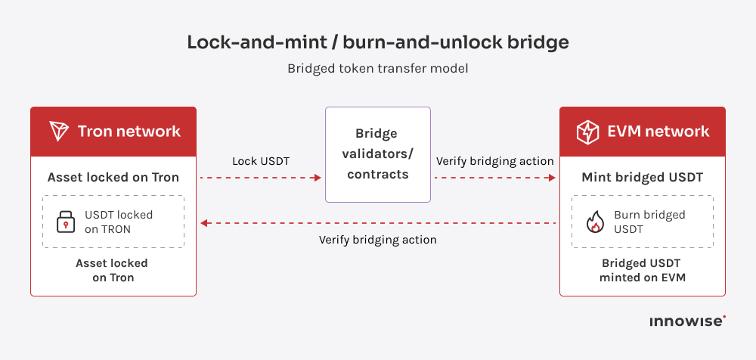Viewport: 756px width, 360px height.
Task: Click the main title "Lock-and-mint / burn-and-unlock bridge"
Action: (377, 42)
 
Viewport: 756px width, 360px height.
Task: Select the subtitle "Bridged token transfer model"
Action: (377, 68)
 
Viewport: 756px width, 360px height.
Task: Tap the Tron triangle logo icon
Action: (59, 131)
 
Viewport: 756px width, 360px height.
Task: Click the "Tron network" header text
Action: (129, 131)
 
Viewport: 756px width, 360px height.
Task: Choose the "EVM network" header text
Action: (658, 132)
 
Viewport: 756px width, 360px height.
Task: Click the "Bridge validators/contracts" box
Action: (377, 154)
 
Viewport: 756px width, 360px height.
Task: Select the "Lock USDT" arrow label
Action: (260, 161)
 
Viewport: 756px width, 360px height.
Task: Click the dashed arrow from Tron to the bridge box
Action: (261, 178)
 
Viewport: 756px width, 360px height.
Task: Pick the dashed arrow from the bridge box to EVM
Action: (494, 178)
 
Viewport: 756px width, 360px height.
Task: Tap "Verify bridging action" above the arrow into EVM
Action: (494, 161)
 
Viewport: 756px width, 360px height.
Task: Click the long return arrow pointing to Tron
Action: (378, 223)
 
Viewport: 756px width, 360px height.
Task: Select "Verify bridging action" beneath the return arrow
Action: (377, 240)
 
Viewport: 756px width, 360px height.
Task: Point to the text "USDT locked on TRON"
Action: (119, 222)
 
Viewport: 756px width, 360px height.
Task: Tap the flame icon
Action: (595, 222)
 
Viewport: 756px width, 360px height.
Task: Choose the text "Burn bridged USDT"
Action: (649, 222)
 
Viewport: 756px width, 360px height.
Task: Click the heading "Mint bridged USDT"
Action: (642, 178)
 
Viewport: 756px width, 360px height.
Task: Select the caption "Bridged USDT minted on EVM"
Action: (642, 270)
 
